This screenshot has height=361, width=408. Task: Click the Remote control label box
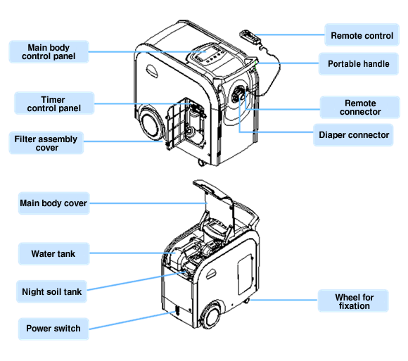[362, 35]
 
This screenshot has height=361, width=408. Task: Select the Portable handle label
[358, 64]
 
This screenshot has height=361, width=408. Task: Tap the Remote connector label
[360, 107]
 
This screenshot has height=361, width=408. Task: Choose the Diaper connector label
[353, 135]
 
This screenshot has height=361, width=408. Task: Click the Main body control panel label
[49, 52]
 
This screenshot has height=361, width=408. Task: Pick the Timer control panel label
[54, 103]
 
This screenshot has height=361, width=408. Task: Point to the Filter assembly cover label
[46, 143]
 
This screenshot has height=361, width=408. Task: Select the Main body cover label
[54, 203]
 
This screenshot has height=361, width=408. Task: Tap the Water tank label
[54, 254]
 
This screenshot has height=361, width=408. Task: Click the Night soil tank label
[51, 291]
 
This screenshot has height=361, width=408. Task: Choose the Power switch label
[53, 329]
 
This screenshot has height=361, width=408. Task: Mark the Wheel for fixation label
[353, 301]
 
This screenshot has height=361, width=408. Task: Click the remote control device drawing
[250, 37]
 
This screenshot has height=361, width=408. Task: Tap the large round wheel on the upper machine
[151, 125]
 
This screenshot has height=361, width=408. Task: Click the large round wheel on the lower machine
[211, 315]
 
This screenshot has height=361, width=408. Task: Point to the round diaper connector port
[238, 95]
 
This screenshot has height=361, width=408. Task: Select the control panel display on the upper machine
[205, 54]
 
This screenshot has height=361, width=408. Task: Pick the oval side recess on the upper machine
[152, 71]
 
